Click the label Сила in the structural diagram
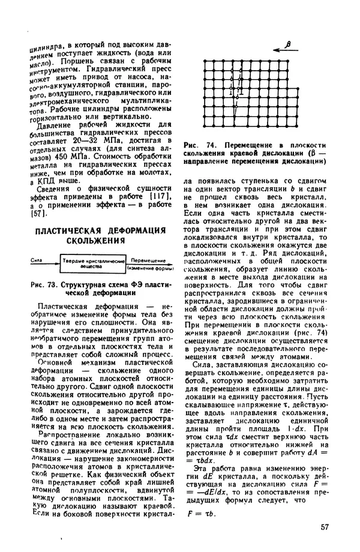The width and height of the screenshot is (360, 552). pyautogui.click(x=35, y=260)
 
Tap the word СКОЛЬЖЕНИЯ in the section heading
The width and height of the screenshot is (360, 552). pyautogui.click(x=98, y=241)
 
